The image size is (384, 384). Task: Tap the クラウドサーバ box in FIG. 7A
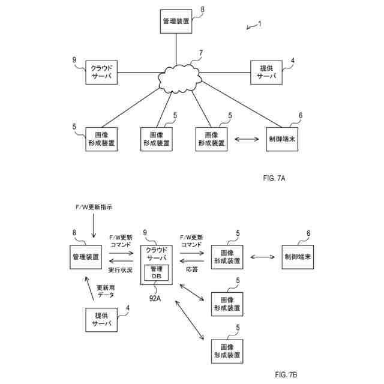pyautogui.click(x=100, y=73)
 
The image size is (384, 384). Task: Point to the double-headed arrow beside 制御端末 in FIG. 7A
pyautogui.click(x=247, y=140)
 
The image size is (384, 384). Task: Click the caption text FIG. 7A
pyautogui.click(x=274, y=178)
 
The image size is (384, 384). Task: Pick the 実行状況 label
pyautogui.click(x=120, y=271)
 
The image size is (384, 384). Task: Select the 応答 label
pyautogui.click(x=191, y=271)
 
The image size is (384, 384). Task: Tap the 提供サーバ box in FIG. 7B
pyautogui.click(x=103, y=319)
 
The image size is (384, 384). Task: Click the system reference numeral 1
pyautogui.click(x=259, y=24)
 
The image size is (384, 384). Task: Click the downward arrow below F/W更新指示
pyautogui.click(x=92, y=227)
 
